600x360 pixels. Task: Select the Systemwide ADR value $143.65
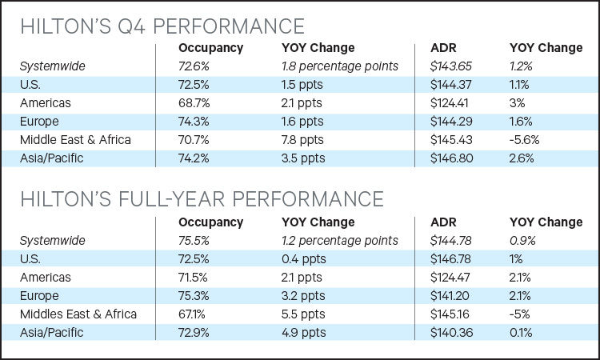[450, 66]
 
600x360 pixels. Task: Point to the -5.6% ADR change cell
[524, 140]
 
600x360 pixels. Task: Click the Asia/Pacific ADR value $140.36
[451, 333]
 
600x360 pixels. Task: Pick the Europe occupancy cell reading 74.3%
[194, 122]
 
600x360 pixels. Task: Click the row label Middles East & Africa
[78, 314]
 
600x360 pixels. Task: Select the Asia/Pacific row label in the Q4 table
[52, 158]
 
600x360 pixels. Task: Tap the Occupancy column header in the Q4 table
[211, 48]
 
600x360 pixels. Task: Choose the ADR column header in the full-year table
[443, 222]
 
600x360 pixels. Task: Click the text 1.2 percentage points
[340, 241]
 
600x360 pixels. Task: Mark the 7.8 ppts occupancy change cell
[302, 140]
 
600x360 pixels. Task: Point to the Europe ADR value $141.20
[450, 296]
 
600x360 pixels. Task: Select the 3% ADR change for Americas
[517, 103]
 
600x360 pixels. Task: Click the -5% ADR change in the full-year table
[520, 314]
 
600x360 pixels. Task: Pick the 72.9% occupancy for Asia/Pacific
[194, 333]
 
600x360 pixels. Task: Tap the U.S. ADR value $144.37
[450, 85]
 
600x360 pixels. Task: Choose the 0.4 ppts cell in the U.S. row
[304, 259]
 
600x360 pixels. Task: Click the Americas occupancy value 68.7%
[194, 103]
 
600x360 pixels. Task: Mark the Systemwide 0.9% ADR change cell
[522, 241]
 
